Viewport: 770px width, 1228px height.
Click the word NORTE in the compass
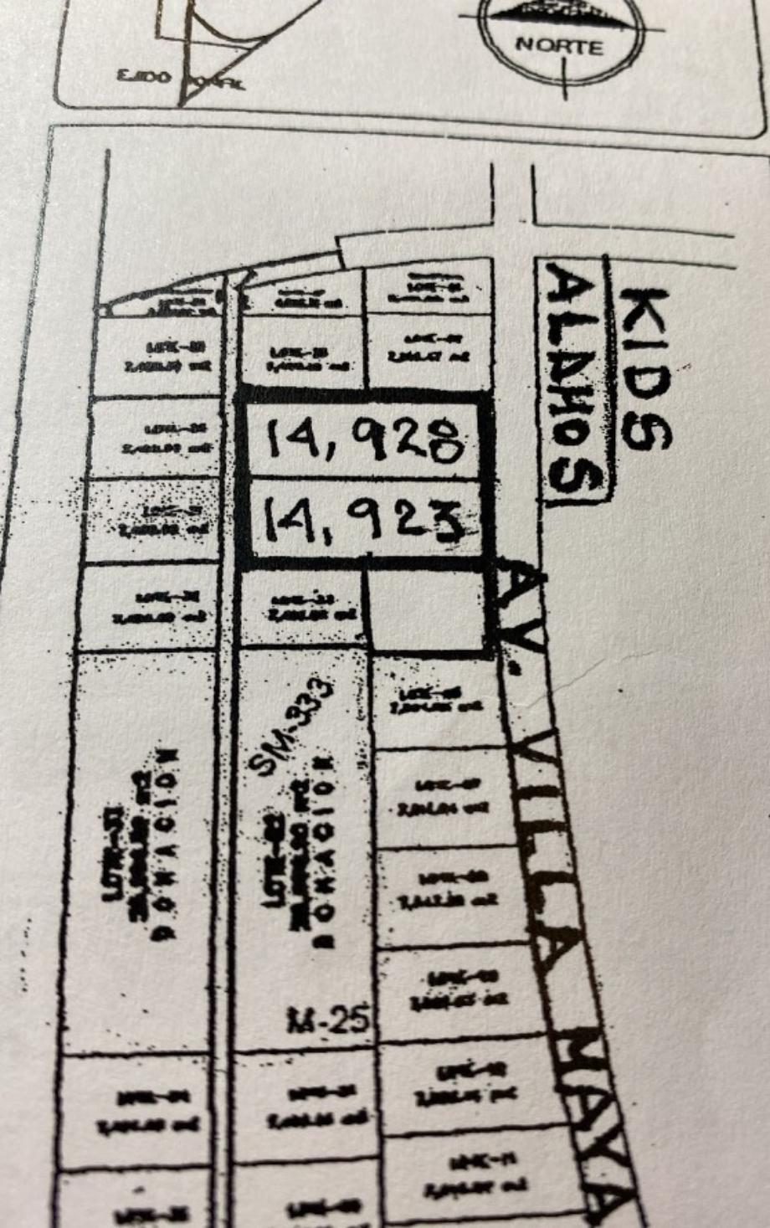(x=559, y=45)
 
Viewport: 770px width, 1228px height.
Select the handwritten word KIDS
(x=646, y=368)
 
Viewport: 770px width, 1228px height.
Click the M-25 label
(x=328, y=1020)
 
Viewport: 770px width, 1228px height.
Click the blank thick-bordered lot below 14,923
(x=427, y=609)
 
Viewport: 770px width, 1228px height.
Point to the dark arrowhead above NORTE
(x=559, y=10)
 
